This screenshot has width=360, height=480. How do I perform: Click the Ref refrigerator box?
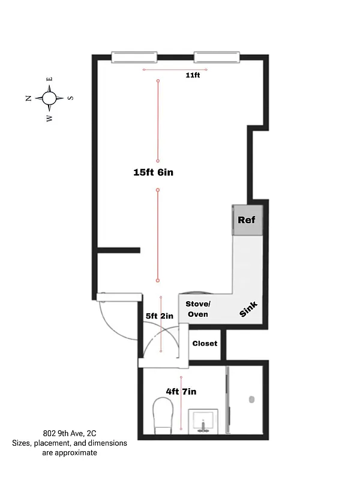(247, 220)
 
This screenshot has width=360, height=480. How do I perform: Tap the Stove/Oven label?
(197, 309)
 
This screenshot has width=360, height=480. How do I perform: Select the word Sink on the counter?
(248, 309)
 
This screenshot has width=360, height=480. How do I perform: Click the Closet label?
(205, 344)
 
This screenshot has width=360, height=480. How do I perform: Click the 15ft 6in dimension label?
(153, 172)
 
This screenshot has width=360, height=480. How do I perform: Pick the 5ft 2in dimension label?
(159, 316)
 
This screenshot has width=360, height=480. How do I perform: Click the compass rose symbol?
(50, 97)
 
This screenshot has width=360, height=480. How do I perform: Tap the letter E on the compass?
(50, 79)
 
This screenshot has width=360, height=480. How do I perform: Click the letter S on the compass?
(70, 97)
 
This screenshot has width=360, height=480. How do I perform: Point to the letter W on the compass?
(49, 118)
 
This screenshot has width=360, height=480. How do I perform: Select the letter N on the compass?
(29, 98)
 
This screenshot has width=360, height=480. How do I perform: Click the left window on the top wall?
(135, 57)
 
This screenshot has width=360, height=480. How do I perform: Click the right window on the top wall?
(216, 57)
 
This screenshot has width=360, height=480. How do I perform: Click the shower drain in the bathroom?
(252, 398)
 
